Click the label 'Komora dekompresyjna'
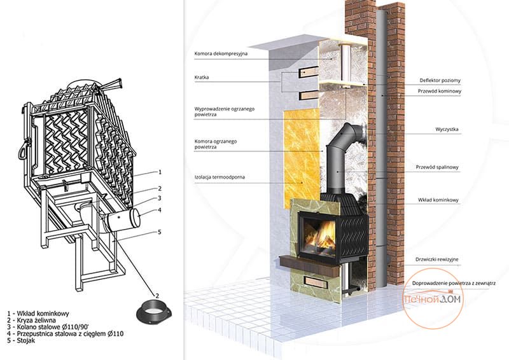(221, 53)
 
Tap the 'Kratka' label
(202, 77)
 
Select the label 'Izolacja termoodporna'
(220, 177)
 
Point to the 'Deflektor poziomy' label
(440, 80)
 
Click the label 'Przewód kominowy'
(439, 91)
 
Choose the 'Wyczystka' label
(447, 129)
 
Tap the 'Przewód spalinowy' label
(437, 167)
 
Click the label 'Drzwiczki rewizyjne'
(437, 260)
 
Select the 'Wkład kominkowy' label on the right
(438, 200)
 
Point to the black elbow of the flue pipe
(349, 134)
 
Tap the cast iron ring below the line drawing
(153, 312)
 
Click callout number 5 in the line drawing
(160, 232)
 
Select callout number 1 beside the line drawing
(160, 172)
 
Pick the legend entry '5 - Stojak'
(21, 340)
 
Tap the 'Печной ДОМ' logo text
(432, 299)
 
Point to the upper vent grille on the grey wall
(309, 72)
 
